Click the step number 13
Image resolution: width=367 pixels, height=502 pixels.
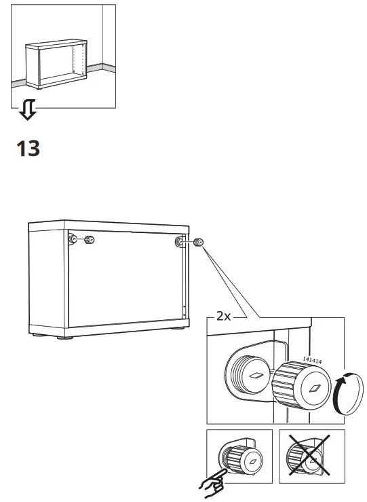coord(28,149)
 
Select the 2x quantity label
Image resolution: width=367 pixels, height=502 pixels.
coord(224,316)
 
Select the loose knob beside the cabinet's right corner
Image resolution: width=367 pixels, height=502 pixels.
coord(199,243)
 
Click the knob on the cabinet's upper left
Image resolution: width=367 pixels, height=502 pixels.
coord(89,240)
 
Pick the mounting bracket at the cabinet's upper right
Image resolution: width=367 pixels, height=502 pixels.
coord(179,242)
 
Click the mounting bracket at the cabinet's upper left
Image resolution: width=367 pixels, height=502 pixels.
coord(72,239)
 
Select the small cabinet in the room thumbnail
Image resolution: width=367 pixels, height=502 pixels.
coord(57,65)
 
